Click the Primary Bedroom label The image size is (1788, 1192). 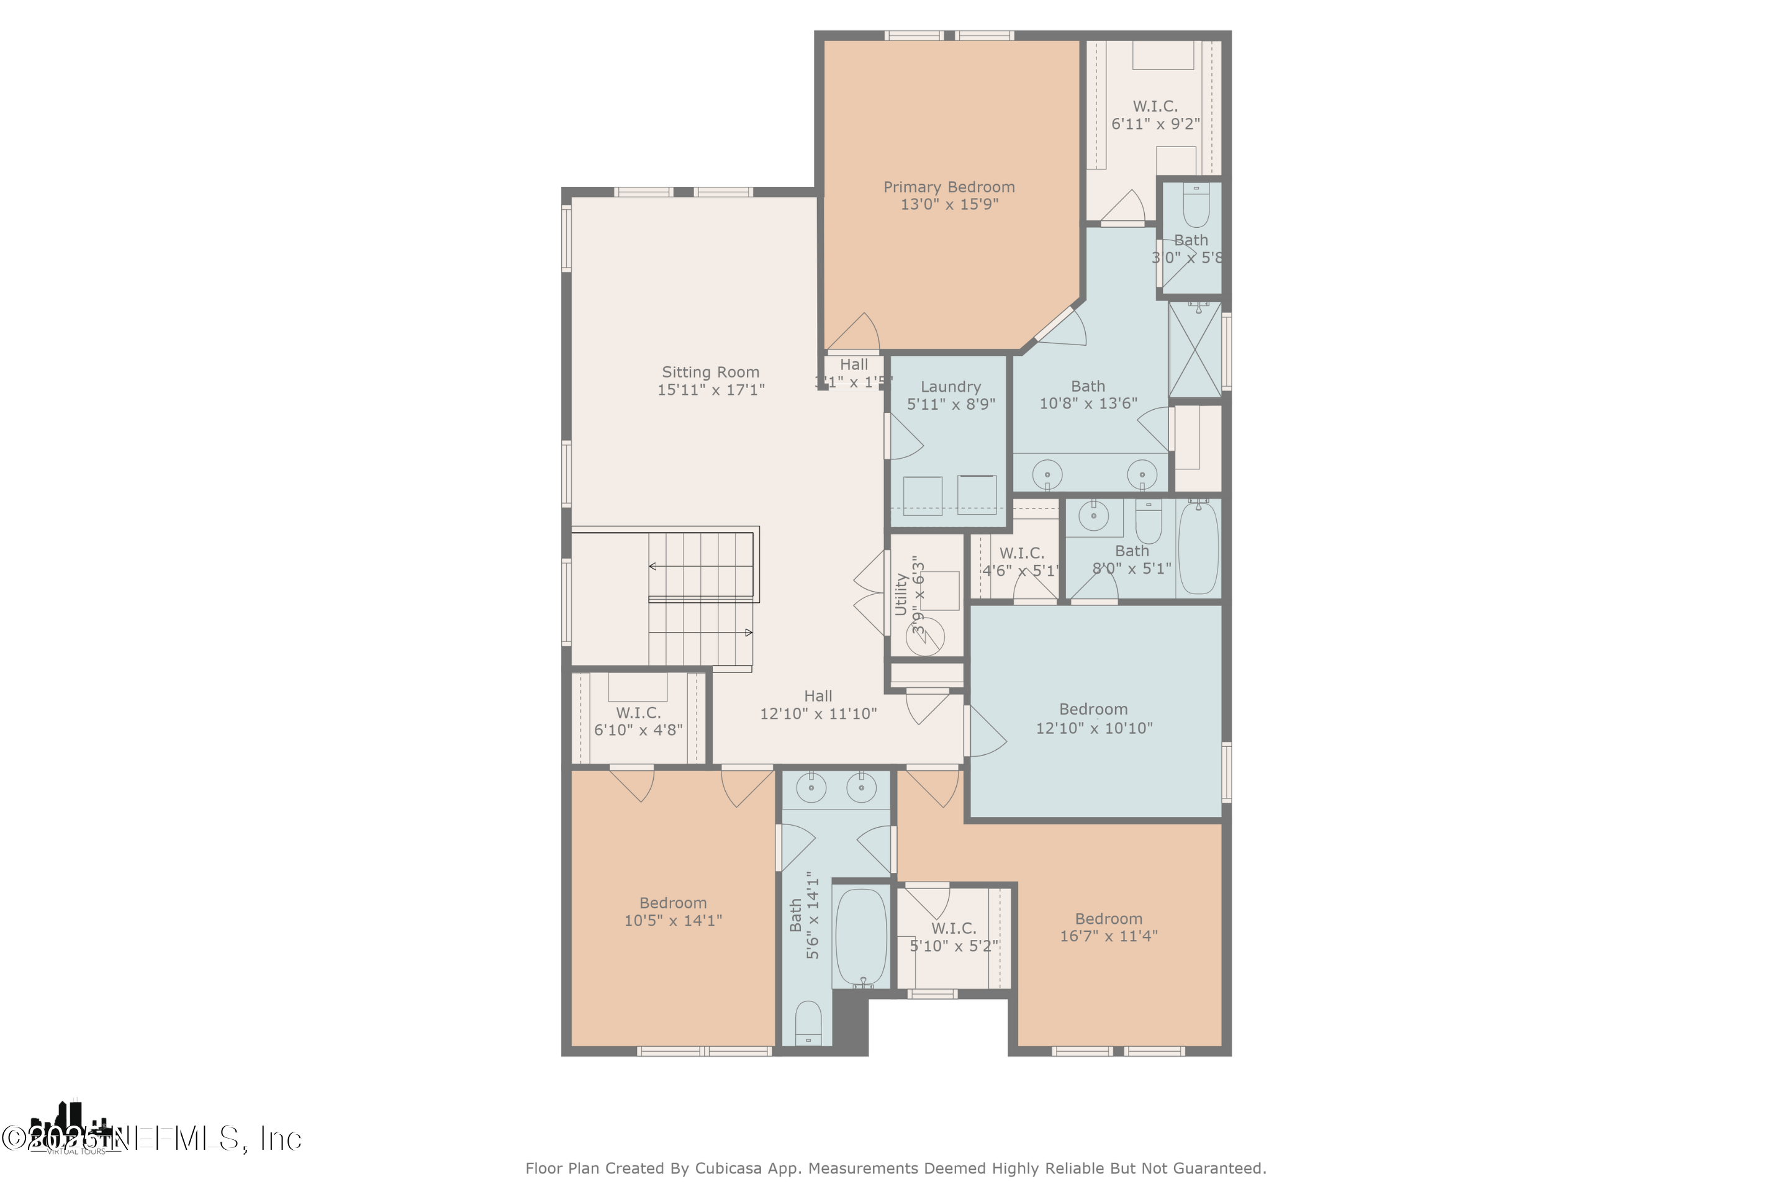949,187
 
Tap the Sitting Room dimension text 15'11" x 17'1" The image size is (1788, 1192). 711,390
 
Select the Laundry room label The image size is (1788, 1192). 950,387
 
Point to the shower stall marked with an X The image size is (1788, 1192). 1194,350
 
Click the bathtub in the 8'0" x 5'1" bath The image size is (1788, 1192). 1198,548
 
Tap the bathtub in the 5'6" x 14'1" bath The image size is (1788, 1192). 860,937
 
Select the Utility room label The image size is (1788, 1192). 901,595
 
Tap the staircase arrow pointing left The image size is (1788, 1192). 654,566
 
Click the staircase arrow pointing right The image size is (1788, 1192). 748,633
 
